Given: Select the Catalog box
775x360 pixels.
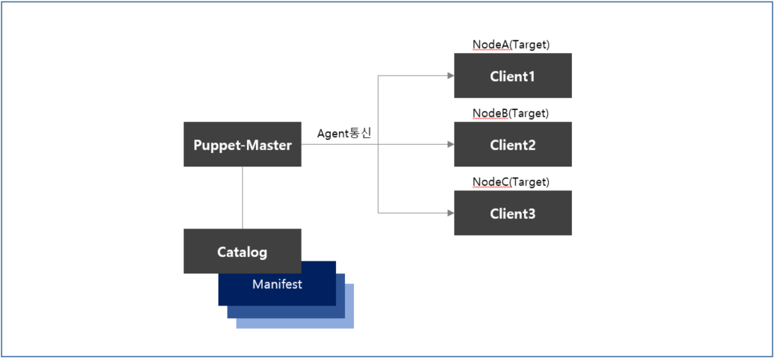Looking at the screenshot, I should [x=242, y=252].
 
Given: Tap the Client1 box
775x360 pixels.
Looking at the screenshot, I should [x=512, y=75].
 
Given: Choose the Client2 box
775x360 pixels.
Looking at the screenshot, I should [x=512, y=144].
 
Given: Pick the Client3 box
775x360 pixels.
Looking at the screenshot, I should [x=512, y=213].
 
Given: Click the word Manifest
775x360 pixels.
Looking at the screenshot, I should [x=277, y=285].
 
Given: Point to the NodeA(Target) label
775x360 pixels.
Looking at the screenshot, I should [x=511, y=45].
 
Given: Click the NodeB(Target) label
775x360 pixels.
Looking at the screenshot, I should [x=511, y=114].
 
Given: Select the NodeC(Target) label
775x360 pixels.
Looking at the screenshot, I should [x=511, y=182].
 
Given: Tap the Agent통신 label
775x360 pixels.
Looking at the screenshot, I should [x=344, y=133].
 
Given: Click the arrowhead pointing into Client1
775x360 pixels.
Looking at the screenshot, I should [x=450, y=75].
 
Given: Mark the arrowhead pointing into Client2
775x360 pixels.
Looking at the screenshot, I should [x=450, y=144].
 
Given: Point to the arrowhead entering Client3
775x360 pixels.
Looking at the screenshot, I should [x=450, y=213].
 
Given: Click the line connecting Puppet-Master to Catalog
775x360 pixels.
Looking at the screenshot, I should [x=243, y=198].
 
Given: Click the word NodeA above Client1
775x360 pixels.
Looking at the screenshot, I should [x=489, y=45].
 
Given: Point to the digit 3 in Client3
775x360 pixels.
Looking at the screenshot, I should [x=532, y=214].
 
